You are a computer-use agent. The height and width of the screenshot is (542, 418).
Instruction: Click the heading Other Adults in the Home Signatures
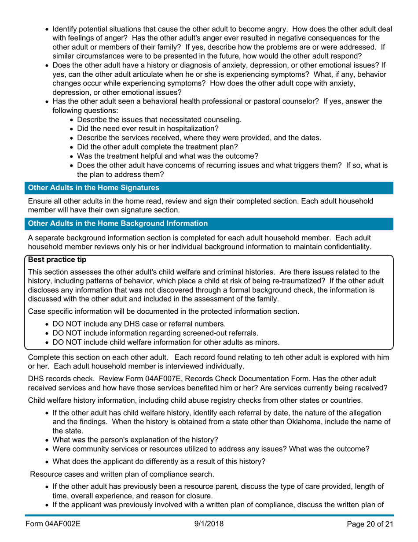94,188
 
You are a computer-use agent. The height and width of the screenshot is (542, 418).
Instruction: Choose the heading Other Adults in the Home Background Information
118,223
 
